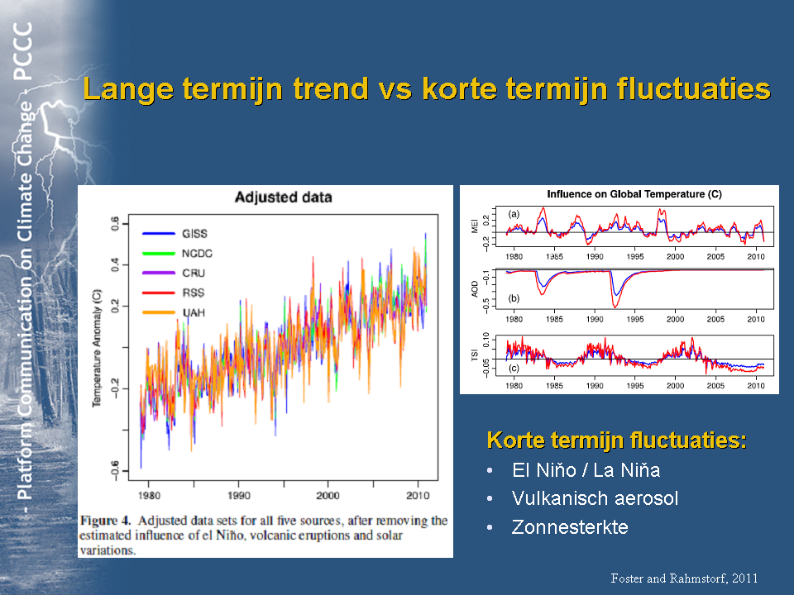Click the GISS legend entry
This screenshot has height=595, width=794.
194,234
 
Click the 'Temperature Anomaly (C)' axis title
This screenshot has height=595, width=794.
97,347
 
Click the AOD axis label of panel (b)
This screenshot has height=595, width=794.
476,288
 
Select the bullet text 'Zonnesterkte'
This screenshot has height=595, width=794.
570,526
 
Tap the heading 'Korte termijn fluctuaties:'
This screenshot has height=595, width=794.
617,440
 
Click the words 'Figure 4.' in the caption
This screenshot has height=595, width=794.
105,521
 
